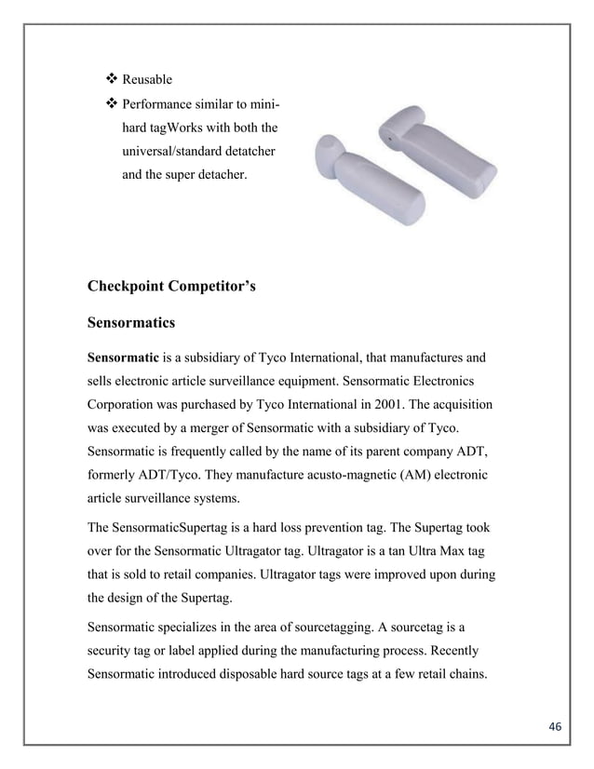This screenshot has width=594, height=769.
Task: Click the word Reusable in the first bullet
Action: tap(147, 80)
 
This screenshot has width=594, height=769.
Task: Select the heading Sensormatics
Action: tap(131, 321)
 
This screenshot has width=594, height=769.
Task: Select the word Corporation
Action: tap(126, 407)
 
